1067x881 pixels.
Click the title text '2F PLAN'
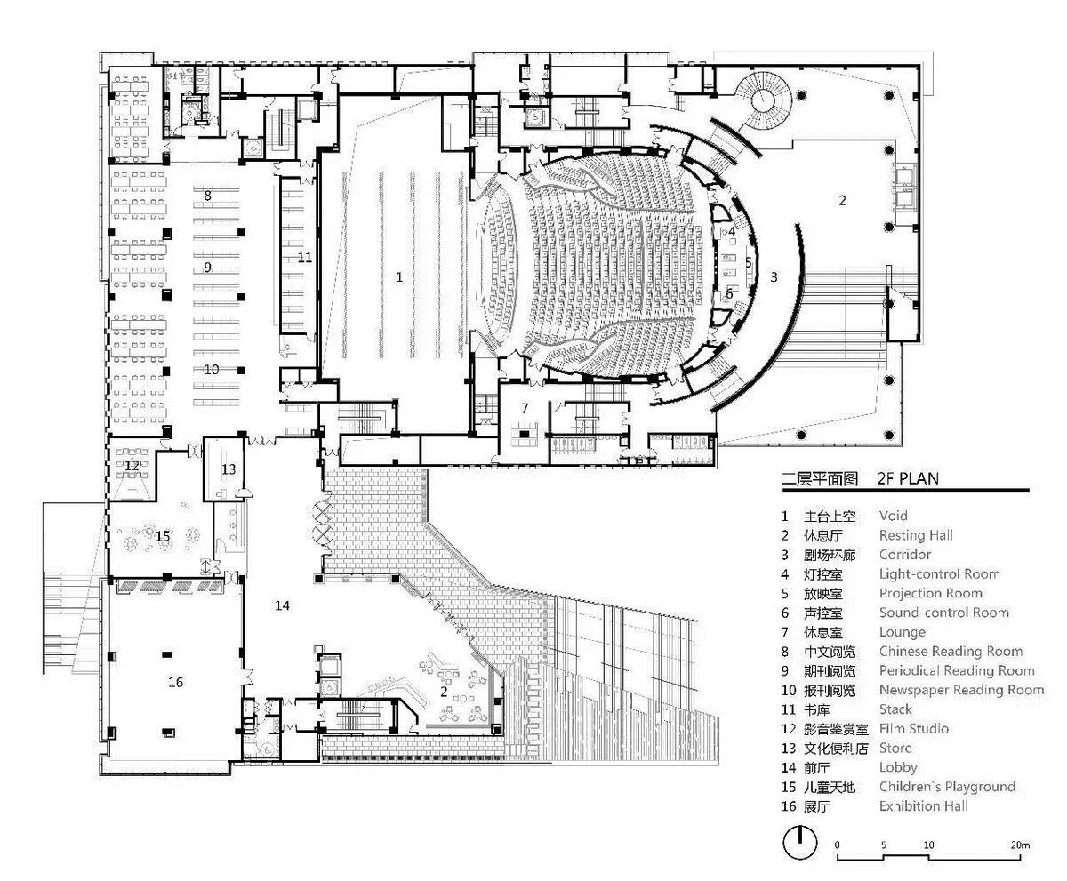907,478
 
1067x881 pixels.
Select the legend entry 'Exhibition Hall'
923,806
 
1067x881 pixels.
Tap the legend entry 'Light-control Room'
939,574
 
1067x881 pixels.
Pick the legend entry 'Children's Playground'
946,787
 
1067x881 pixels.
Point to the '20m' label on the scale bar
1020,845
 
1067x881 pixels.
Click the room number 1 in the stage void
399,277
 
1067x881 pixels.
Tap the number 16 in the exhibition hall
175,682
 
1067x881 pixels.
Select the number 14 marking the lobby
282,605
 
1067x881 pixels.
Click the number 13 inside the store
229,469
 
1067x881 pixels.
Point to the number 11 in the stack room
305,258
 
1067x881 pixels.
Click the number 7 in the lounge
525,408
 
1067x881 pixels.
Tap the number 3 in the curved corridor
774,277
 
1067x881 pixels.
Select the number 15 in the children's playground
163,536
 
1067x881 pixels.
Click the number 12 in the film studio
132,465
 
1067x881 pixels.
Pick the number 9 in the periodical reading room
207,267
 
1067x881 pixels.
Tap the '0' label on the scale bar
837,845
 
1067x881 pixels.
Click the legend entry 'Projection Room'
930,594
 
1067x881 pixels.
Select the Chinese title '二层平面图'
819,478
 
